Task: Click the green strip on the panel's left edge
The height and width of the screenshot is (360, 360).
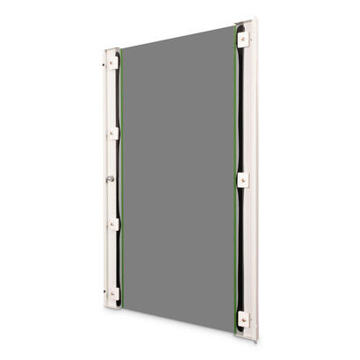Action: [123, 176]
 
